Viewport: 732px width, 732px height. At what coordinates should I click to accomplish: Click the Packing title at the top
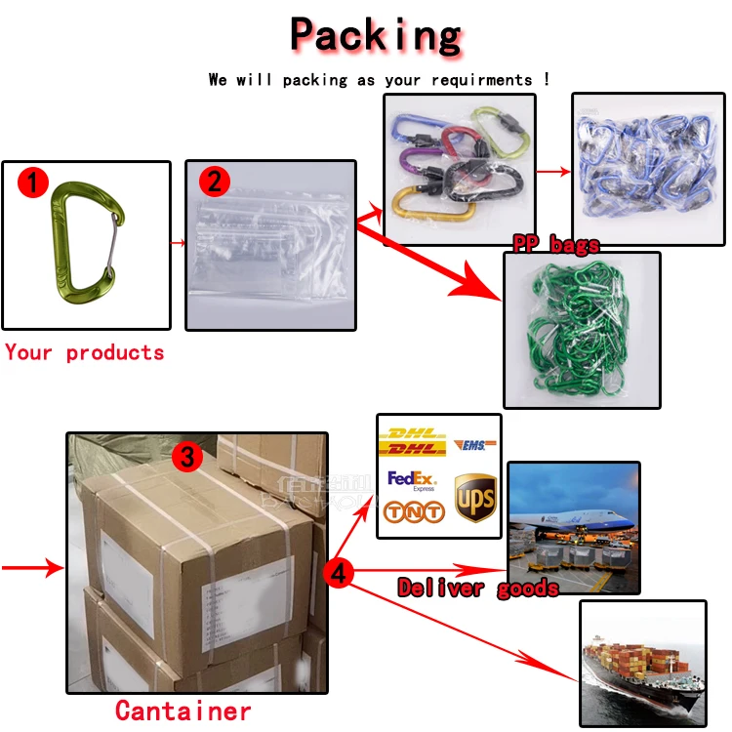click(x=376, y=36)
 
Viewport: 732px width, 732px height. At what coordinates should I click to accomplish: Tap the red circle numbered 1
click(x=35, y=182)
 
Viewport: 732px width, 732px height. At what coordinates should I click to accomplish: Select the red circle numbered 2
click(x=214, y=181)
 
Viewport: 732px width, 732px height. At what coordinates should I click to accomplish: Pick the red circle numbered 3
click(x=188, y=456)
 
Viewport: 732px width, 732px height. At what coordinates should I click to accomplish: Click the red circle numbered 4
click(x=338, y=573)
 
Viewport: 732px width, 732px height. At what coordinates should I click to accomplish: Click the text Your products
click(x=85, y=352)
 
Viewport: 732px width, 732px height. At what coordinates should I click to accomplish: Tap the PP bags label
click(x=556, y=244)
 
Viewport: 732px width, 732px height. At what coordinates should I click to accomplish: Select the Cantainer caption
click(x=183, y=711)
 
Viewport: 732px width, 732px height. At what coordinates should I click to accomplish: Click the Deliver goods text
click(x=478, y=588)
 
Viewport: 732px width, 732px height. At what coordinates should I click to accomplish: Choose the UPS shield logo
click(x=475, y=499)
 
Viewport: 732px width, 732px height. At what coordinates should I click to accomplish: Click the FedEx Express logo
click(x=411, y=480)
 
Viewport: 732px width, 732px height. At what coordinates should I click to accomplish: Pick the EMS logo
click(x=475, y=445)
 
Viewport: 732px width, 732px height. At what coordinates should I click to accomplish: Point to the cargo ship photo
click(x=642, y=664)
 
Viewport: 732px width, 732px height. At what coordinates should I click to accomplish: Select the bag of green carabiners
click(x=582, y=332)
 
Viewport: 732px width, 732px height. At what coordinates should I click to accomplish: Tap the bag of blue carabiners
click(x=648, y=169)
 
